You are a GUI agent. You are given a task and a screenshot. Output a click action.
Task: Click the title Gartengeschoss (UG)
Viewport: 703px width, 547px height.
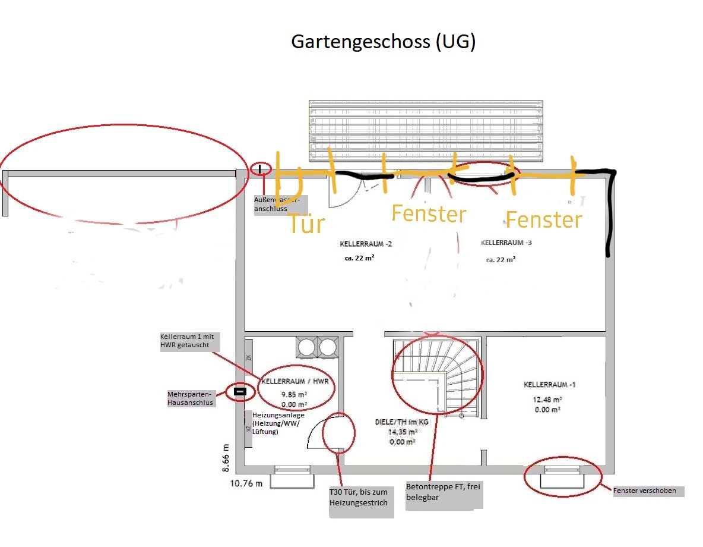(383, 42)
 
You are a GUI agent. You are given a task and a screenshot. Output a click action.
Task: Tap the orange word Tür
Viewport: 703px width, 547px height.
(306, 224)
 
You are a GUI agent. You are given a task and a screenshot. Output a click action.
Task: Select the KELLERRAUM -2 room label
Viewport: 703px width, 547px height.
(366, 244)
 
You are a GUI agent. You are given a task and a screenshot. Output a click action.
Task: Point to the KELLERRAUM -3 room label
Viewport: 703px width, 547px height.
(506, 243)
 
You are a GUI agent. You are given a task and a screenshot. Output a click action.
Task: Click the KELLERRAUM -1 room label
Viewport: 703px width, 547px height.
(549, 385)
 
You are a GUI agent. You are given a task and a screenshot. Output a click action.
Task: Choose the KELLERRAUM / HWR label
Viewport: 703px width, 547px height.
(295, 381)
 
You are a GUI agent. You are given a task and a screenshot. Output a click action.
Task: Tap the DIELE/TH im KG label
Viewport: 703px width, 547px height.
(401, 422)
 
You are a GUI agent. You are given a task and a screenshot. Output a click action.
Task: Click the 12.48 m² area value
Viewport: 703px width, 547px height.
(547, 400)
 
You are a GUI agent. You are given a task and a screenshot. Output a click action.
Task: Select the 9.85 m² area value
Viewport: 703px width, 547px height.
(294, 394)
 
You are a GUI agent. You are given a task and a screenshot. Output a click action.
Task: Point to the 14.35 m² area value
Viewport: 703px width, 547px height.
(402, 432)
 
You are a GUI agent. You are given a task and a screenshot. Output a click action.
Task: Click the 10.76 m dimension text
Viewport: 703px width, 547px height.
(246, 483)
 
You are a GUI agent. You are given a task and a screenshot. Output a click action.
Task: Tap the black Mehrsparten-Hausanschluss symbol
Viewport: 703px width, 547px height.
(240, 392)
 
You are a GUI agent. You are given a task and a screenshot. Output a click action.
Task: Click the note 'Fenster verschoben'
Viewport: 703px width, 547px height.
(648, 491)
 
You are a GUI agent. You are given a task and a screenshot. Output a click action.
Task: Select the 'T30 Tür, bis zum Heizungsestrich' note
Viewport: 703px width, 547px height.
(359, 498)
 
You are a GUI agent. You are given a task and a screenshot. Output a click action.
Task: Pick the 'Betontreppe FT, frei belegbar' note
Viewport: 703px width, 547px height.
(443, 492)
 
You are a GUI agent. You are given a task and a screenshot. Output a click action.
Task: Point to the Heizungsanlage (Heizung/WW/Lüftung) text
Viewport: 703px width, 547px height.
(278, 423)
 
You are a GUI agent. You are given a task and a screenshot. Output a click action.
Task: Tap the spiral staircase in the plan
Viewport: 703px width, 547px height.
(438, 375)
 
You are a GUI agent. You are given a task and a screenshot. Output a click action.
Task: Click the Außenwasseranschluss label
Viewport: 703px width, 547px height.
(277, 204)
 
